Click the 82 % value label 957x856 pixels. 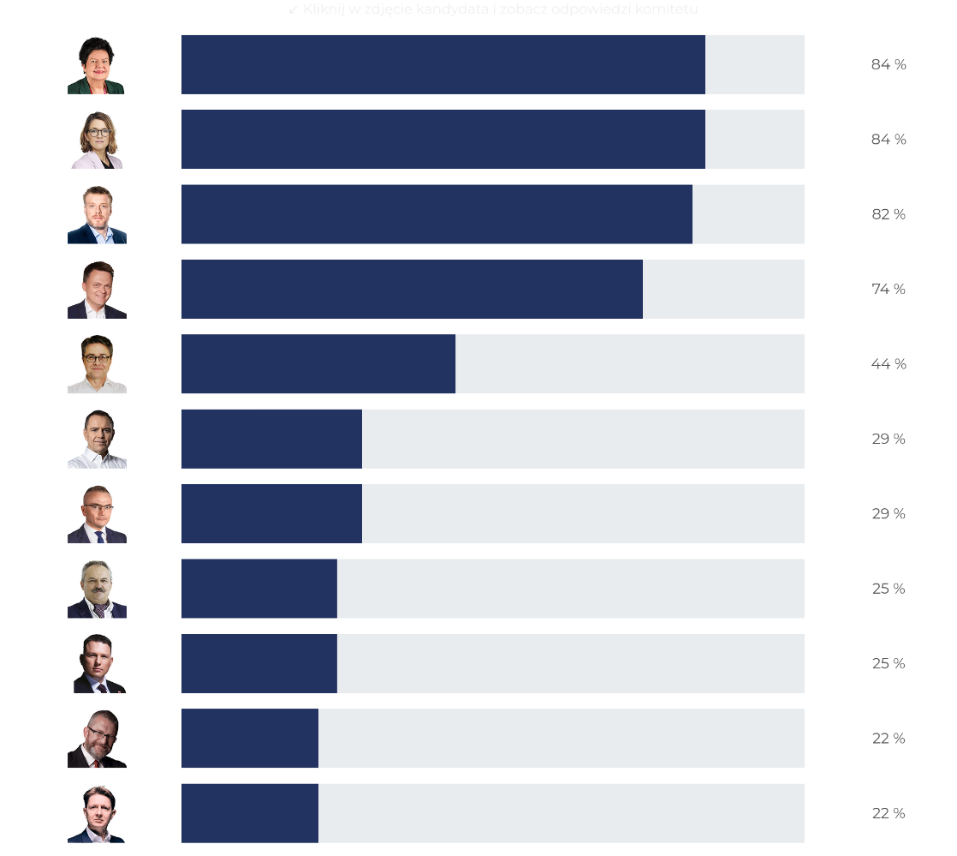click(x=889, y=214)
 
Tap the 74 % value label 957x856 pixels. click(x=889, y=289)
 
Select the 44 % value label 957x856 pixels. click(x=889, y=364)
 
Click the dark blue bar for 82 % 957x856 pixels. click(x=437, y=214)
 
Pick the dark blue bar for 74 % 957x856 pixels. click(x=412, y=289)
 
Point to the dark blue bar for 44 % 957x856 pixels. click(x=318, y=364)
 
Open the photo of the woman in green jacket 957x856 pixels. click(x=96, y=65)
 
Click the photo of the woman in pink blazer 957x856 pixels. click(x=97, y=140)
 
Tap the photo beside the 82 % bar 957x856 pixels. click(x=97, y=214)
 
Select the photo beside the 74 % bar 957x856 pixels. click(x=97, y=290)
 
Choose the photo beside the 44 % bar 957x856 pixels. click(x=97, y=364)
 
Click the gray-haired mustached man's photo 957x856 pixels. click(x=97, y=589)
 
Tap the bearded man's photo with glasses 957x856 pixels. click(x=97, y=739)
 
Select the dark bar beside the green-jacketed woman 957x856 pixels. click(x=443, y=64)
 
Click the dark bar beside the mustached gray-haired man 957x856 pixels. click(x=259, y=589)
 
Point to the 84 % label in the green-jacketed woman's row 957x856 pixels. click(x=889, y=64)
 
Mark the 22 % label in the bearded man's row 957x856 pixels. click(x=889, y=739)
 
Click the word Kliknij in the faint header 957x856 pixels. click(x=324, y=9)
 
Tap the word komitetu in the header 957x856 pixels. click(x=667, y=9)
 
